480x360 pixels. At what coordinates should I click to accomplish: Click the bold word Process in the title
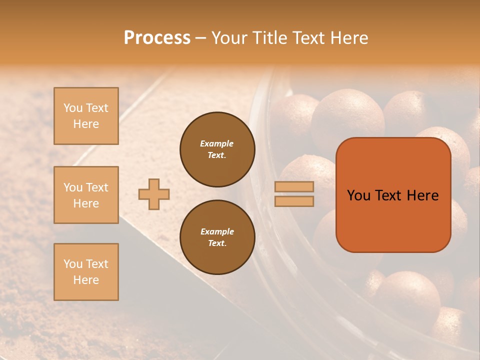[x=157, y=38]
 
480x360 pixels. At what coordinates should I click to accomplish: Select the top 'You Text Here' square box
[x=86, y=116]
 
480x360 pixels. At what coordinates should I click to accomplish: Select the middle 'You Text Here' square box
[x=86, y=195]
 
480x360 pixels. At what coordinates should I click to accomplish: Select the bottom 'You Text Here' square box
[x=86, y=272]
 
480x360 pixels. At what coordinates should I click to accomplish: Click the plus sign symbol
[x=154, y=194]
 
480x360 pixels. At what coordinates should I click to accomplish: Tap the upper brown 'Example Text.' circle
[x=217, y=149]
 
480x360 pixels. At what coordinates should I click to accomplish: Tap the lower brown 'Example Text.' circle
[x=217, y=237]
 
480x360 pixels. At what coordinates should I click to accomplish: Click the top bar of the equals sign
[x=294, y=186]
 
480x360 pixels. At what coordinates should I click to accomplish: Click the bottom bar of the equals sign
[x=294, y=201]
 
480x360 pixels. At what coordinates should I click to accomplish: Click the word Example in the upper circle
[x=217, y=143]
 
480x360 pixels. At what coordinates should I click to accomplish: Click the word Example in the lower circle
[x=217, y=231]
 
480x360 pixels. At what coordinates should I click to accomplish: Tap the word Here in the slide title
[x=348, y=38]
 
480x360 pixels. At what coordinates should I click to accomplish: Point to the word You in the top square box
[x=72, y=108]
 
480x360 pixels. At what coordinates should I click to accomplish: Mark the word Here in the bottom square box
[x=86, y=280]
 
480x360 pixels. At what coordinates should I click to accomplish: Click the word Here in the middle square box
[x=86, y=203]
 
